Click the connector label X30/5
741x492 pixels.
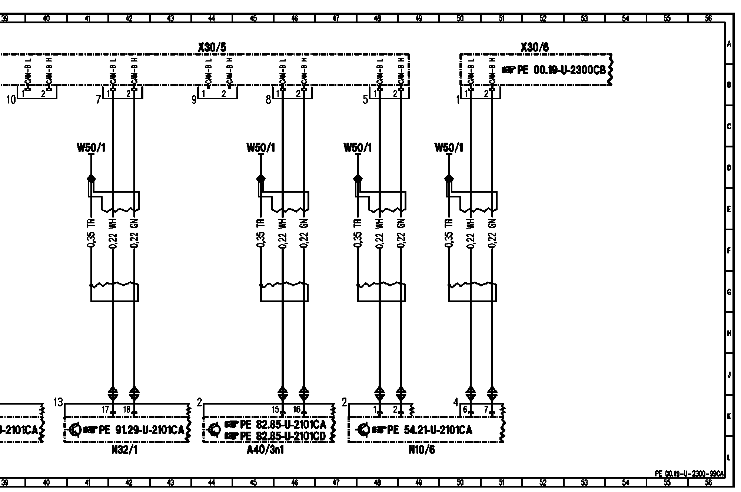tap(212, 47)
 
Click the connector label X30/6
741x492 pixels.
tap(535, 47)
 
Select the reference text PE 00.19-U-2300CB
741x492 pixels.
tap(561, 70)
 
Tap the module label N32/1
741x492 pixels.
tap(126, 450)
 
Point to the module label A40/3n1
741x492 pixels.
tap(266, 450)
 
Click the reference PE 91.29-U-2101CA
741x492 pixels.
tap(141, 430)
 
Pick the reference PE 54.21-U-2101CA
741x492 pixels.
tap(429, 430)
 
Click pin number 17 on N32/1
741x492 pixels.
tap(106, 409)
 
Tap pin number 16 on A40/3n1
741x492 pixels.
tap(297, 409)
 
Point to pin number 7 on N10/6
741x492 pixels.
tap(486, 410)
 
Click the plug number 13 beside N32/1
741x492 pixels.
tap(59, 403)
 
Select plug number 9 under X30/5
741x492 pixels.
tap(194, 99)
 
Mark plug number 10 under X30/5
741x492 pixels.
tap(11, 99)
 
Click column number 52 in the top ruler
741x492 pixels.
tap(543, 18)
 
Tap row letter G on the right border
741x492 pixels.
tap(729, 292)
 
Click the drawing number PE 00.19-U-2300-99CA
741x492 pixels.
tap(689, 473)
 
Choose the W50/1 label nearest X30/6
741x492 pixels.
tap(449, 148)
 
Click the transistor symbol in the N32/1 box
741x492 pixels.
tap(75, 430)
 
